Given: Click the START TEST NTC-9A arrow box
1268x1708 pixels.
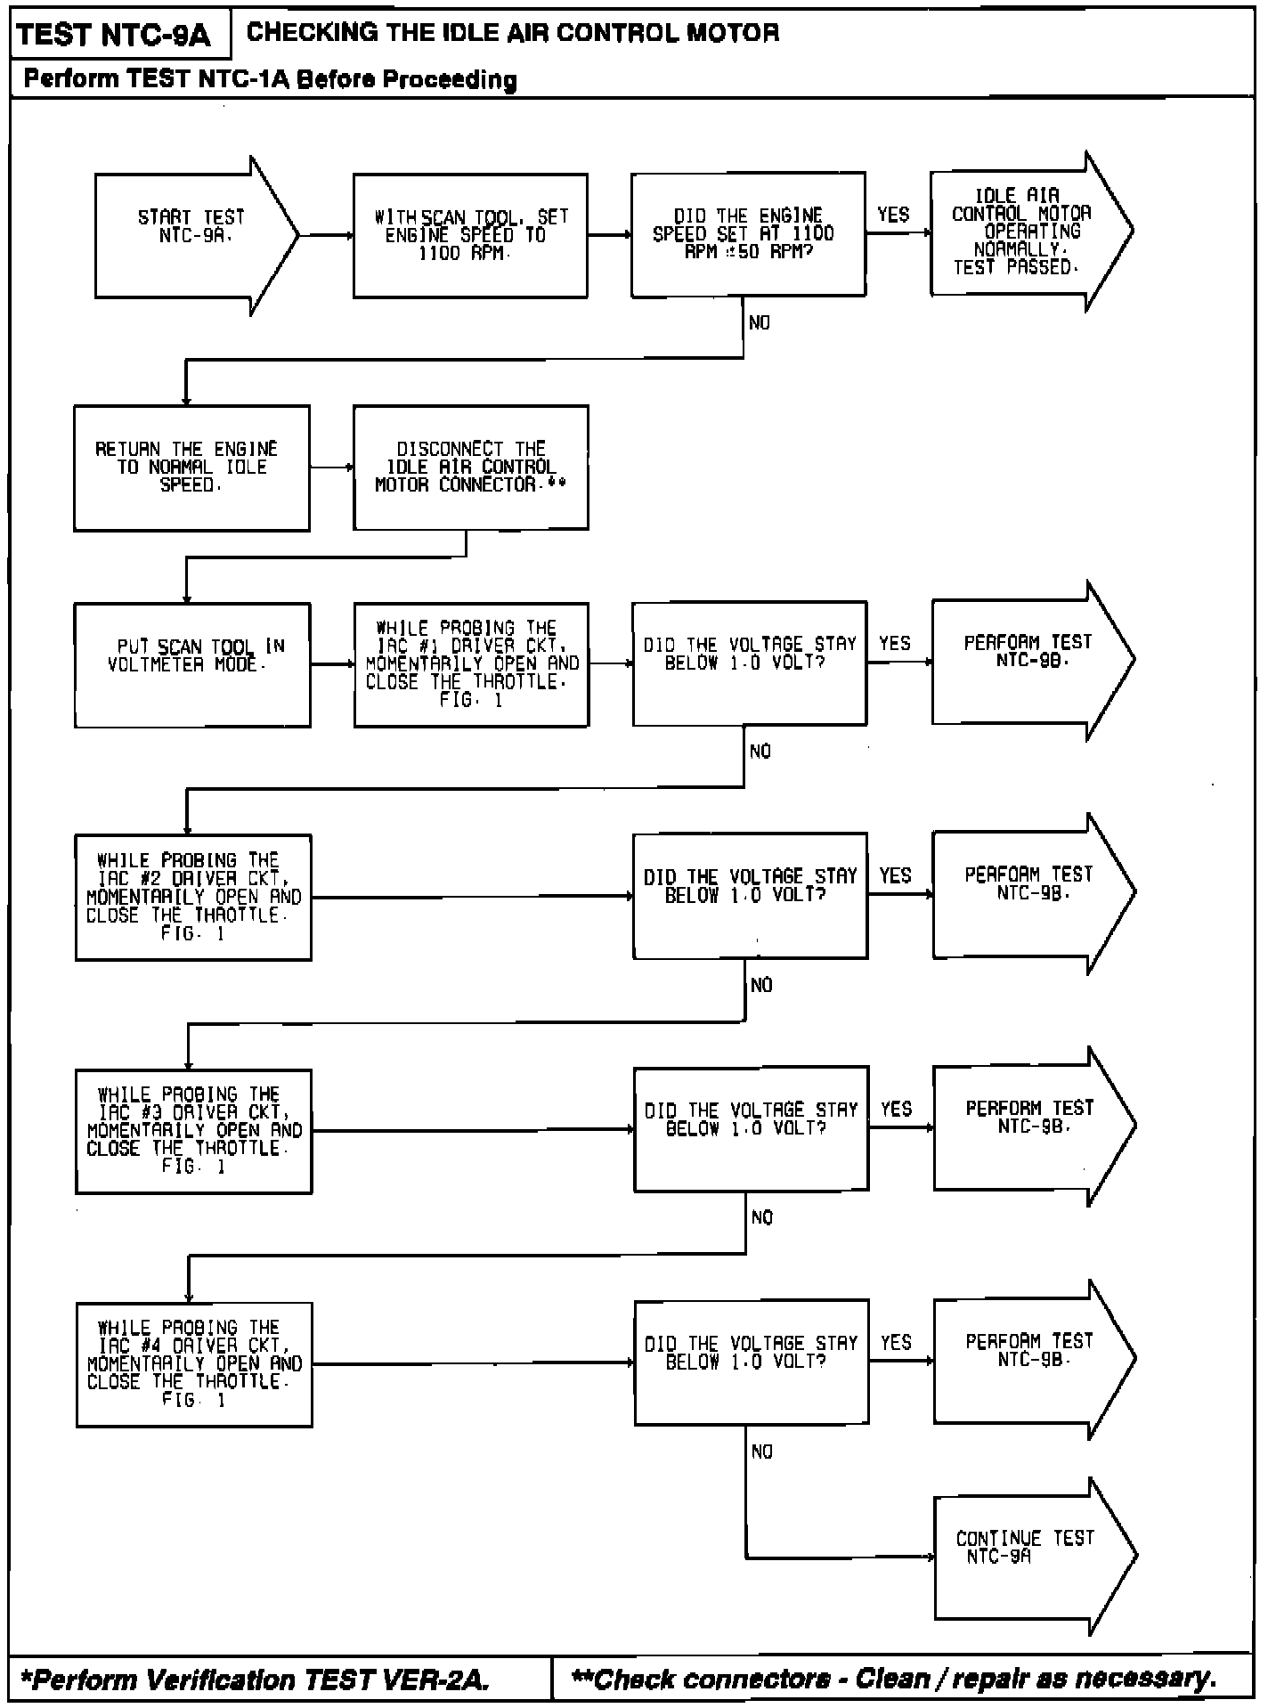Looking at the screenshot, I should (x=191, y=236).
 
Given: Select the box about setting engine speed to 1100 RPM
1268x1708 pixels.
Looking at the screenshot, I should (x=469, y=236).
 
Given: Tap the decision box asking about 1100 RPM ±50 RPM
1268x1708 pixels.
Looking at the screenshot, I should (x=747, y=234).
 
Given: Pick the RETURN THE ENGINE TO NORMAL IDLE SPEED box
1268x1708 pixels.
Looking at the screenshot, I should (x=191, y=468).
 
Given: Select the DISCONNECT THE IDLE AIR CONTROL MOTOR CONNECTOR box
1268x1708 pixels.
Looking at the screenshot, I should (x=470, y=468).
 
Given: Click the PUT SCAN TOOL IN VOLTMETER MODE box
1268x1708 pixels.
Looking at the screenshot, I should (x=192, y=664).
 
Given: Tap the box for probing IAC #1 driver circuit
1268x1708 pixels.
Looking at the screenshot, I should (x=471, y=664).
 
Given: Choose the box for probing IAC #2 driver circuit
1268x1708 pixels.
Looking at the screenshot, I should (x=193, y=897).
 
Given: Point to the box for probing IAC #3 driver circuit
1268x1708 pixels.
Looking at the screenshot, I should (x=193, y=1130).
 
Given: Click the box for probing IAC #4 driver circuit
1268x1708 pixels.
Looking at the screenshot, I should (x=194, y=1363).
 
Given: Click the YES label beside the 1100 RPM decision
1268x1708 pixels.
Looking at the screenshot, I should (x=893, y=215).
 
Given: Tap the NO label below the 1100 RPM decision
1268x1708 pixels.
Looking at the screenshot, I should (x=760, y=323).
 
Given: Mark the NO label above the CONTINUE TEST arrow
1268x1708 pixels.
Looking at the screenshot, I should (x=762, y=1452).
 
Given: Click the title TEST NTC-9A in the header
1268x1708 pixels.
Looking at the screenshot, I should (x=114, y=35).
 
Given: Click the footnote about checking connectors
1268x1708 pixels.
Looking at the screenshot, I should (x=893, y=1680).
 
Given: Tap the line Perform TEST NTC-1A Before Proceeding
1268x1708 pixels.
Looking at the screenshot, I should (x=270, y=79).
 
